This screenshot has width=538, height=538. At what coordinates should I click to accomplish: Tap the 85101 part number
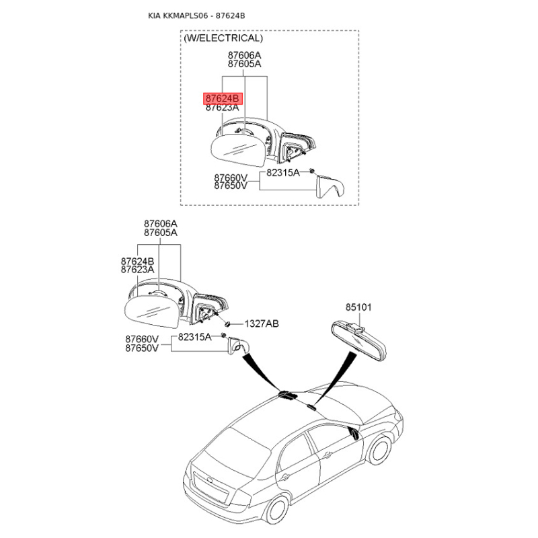[358, 307]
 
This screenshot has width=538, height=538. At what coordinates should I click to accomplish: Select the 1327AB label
[262, 323]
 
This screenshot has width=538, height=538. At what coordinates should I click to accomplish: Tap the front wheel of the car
[382, 449]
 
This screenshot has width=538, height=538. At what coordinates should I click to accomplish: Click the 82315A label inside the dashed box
[283, 172]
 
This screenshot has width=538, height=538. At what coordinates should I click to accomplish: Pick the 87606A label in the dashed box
[244, 55]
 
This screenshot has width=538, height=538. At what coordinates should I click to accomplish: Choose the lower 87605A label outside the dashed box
[160, 233]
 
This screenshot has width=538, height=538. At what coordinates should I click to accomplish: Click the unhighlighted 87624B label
[138, 260]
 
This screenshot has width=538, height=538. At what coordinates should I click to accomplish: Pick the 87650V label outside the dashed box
[142, 348]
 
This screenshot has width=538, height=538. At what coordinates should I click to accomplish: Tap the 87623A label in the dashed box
[223, 108]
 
